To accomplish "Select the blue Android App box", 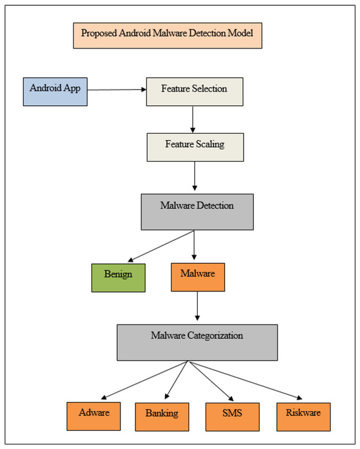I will pos(56,91).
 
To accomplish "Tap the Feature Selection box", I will pos(194,91).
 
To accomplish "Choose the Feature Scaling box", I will pos(194,147).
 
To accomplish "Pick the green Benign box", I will pos(118,277).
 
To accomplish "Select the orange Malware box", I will pos(197,277).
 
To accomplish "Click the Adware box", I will pos(96,416).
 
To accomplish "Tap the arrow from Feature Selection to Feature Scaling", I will pos(193,118).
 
